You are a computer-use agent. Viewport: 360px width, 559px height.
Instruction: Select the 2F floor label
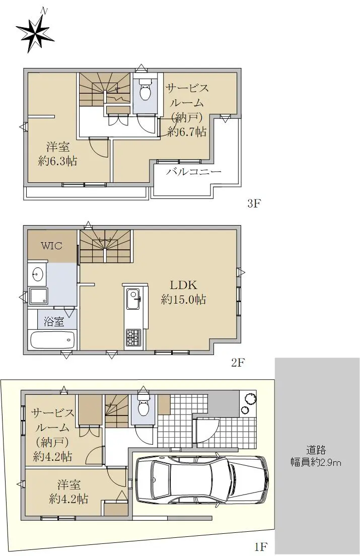tap(238, 363)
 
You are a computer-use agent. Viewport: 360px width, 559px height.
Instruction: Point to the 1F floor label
tap(261, 546)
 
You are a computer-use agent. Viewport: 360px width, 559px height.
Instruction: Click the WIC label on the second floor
tap(51, 245)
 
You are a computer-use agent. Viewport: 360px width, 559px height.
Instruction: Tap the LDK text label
tap(183, 285)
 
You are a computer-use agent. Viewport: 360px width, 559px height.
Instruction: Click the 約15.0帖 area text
tap(183, 300)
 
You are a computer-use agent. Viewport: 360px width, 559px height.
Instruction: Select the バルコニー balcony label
tap(194, 172)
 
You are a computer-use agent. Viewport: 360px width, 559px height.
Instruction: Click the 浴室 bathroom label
tap(54, 322)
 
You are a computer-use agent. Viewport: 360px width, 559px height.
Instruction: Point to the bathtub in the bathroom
tap(53, 340)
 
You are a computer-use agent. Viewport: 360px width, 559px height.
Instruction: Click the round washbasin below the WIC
tap(37, 274)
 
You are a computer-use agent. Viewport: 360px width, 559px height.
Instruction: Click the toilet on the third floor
tap(146, 91)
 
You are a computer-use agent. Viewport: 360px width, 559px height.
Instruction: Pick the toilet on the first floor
tap(143, 406)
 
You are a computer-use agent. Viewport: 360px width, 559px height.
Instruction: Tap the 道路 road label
tap(316, 450)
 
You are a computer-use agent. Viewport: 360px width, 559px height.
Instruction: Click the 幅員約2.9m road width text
tap(316, 462)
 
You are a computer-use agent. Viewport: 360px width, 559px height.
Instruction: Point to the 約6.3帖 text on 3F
tap(57, 161)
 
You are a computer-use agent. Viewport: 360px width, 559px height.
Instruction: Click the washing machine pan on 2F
tap(38, 296)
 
